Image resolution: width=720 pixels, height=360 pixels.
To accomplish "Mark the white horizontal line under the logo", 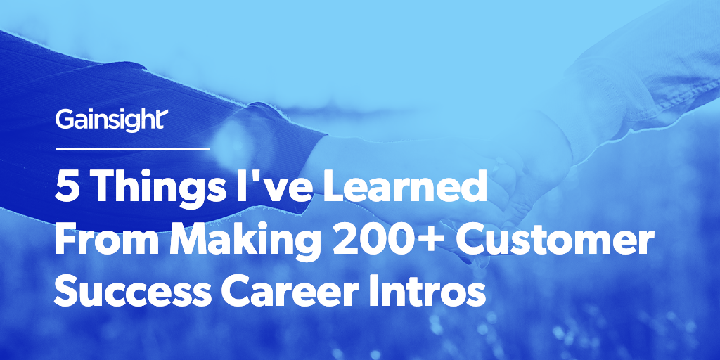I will coord(132,148).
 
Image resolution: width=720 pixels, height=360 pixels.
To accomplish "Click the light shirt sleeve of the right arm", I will coord(633,77).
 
